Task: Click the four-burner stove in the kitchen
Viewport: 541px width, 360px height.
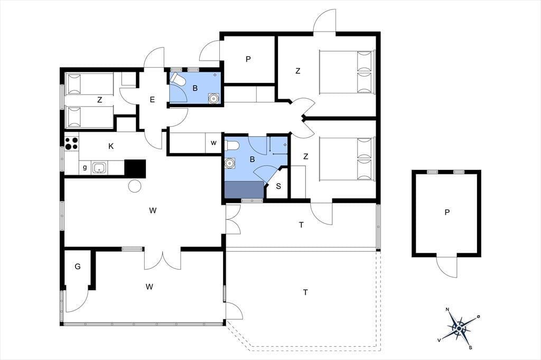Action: click(72, 144)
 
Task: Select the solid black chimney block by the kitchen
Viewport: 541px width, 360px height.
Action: click(135, 168)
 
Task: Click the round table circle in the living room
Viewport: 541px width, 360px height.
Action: click(135, 186)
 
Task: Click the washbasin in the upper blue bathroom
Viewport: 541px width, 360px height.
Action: click(214, 99)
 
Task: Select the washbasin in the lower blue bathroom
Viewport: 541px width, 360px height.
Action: click(230, 163)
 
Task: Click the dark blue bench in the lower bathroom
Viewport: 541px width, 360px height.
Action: click(244, 190)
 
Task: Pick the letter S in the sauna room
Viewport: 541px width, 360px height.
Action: click(278, 186)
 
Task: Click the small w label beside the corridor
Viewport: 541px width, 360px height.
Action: click(213, 143)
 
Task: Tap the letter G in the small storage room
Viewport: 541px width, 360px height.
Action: click(78, 267)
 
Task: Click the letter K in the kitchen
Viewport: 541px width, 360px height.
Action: click(111, 146)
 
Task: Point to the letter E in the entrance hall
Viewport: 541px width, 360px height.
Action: click(152, 100)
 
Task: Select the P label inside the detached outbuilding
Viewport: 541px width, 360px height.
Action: click(447, 212)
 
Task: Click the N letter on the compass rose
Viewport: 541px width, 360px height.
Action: click(447, 309)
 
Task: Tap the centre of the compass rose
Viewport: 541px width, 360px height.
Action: click(459, 329)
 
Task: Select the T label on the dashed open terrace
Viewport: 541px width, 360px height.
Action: click(305, 292)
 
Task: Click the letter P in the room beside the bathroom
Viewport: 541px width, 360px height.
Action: click(248, 59)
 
